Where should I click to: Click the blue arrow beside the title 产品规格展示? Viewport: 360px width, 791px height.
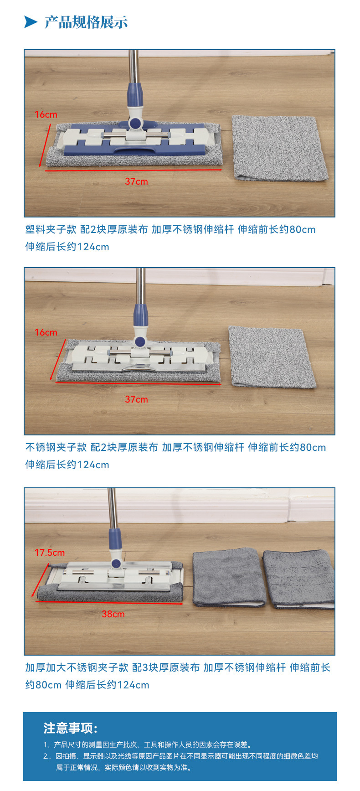click(31, 22)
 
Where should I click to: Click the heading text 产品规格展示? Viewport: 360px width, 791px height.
click(86, 22)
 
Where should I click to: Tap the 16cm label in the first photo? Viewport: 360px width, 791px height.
click(46, 114)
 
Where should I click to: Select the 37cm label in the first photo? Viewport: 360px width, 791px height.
click(137, 181)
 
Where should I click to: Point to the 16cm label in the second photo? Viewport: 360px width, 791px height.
click(46, 332)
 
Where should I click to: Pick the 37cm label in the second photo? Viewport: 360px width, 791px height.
click(137, 399)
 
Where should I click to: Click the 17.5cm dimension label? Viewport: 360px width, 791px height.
click(50, 553)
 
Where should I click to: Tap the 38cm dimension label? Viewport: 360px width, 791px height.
click(113, 614)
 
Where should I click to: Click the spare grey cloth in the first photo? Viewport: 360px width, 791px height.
click(279, 148)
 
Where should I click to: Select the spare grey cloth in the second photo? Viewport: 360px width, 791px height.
click(272, 357)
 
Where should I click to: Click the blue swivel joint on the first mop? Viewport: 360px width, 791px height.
click(135, 123)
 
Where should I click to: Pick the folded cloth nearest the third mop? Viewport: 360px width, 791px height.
click(229, 577)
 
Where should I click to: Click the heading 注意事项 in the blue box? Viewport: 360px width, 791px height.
click(71, 728)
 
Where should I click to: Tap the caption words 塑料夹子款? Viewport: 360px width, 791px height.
click(51, 229)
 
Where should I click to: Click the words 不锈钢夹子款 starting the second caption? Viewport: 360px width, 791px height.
click(56, 447)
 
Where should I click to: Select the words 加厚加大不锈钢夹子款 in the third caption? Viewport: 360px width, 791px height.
click(77, 667)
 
